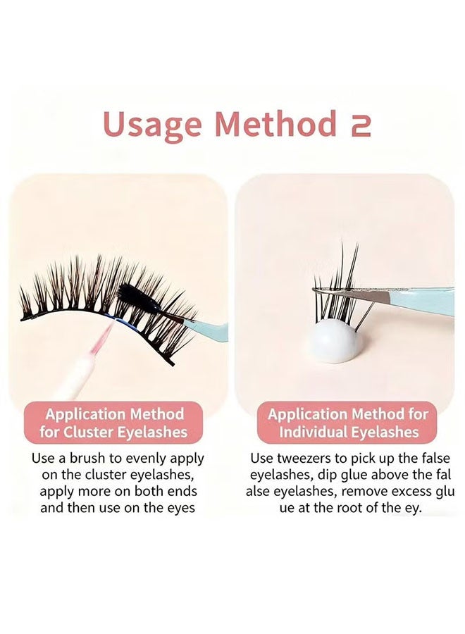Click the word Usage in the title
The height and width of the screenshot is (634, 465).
pos(152,125)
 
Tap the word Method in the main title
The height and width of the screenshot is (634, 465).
pos(275,123)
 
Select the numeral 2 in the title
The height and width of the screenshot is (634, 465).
pos(357,125)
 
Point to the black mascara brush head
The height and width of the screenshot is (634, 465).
pos(135,297)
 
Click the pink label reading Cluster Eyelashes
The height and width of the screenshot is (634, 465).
pos(113,423)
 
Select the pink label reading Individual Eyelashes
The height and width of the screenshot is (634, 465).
pos(347,423)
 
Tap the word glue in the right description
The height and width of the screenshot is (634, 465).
pos(355,475)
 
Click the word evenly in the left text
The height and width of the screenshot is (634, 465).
pos(146,459)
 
